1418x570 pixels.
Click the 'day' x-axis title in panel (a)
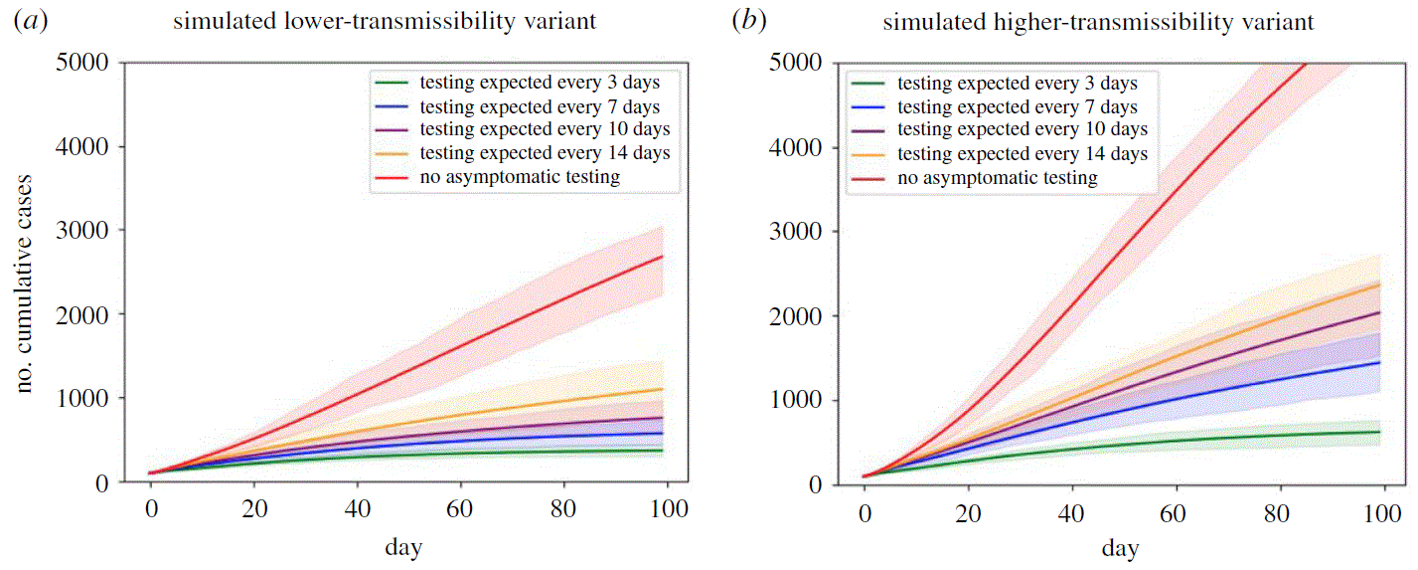pyautogui.click(x=406, y=547)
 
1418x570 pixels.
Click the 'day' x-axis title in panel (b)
pyautogui.click(x=1121, y=547)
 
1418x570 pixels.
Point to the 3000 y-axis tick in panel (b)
pyautogui.click(x=803, y=232)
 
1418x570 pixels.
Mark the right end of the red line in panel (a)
pyautogui.click(x=663, y=257)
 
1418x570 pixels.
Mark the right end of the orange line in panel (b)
pyautogui.click(x=1379, y=284)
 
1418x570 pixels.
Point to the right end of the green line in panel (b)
pyautogui.click(x=1379, y=432)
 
